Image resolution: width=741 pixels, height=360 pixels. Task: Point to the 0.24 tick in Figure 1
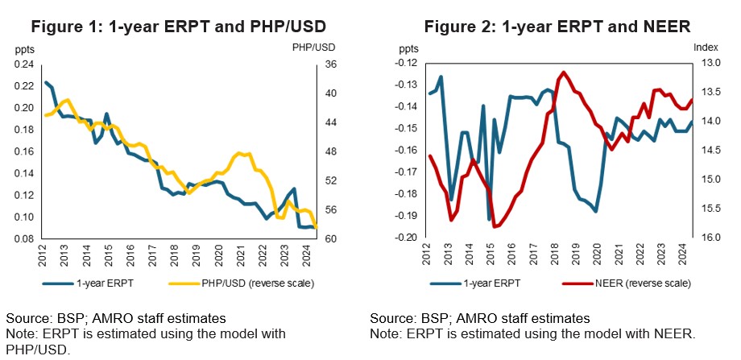tap(25, 64)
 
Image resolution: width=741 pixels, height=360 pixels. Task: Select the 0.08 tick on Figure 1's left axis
tap(25, 239)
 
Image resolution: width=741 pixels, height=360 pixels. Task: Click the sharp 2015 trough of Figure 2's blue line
tap(489, 219)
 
